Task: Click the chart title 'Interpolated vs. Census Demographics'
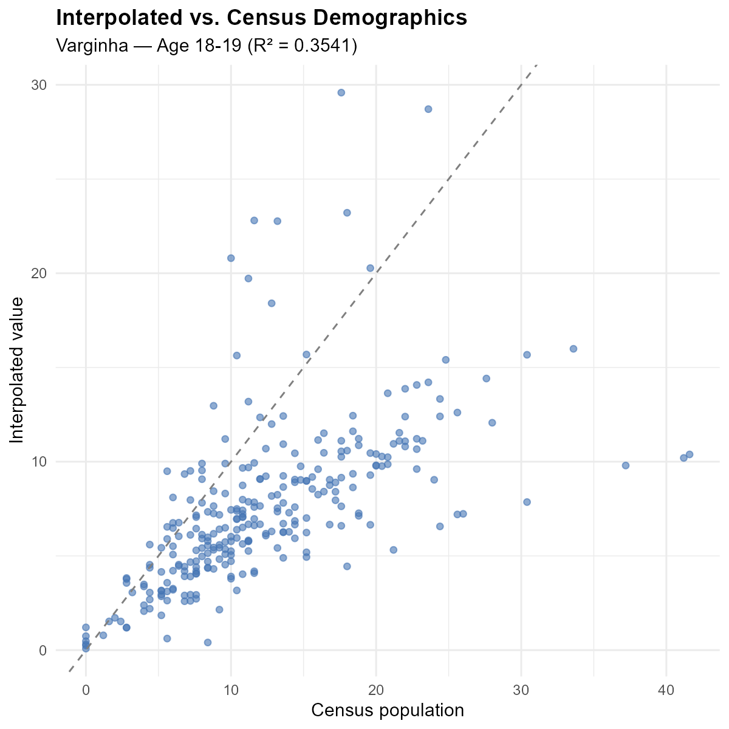[x=261, y=18]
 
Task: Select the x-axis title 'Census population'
[x=388, y=710]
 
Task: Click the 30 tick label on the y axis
[x=39, y=85]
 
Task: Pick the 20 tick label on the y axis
[x=39, y=273]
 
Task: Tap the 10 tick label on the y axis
[x=39, y=462]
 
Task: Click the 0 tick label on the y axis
[x=43, y=650]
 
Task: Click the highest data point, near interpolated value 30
[x=341, y=92]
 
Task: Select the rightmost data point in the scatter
[x=690, y=454]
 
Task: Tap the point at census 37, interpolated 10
[x=626, y=465]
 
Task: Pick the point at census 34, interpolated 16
[x=573, y=349]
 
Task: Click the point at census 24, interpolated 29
[x=428, y=109]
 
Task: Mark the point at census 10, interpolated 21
[x=231, y=258]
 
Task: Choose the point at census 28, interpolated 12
[x=492, y=423]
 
